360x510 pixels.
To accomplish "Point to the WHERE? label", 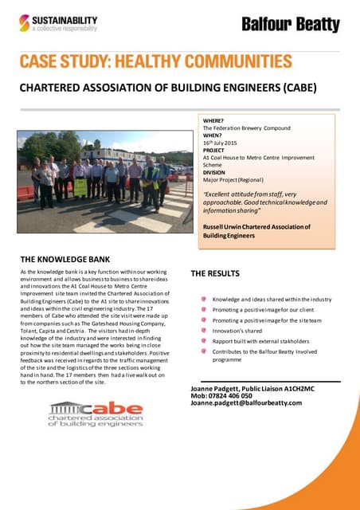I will point(214,120).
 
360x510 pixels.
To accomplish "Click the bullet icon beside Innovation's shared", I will point(204,330).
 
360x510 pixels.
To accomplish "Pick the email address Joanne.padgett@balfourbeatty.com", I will point(247,403).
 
